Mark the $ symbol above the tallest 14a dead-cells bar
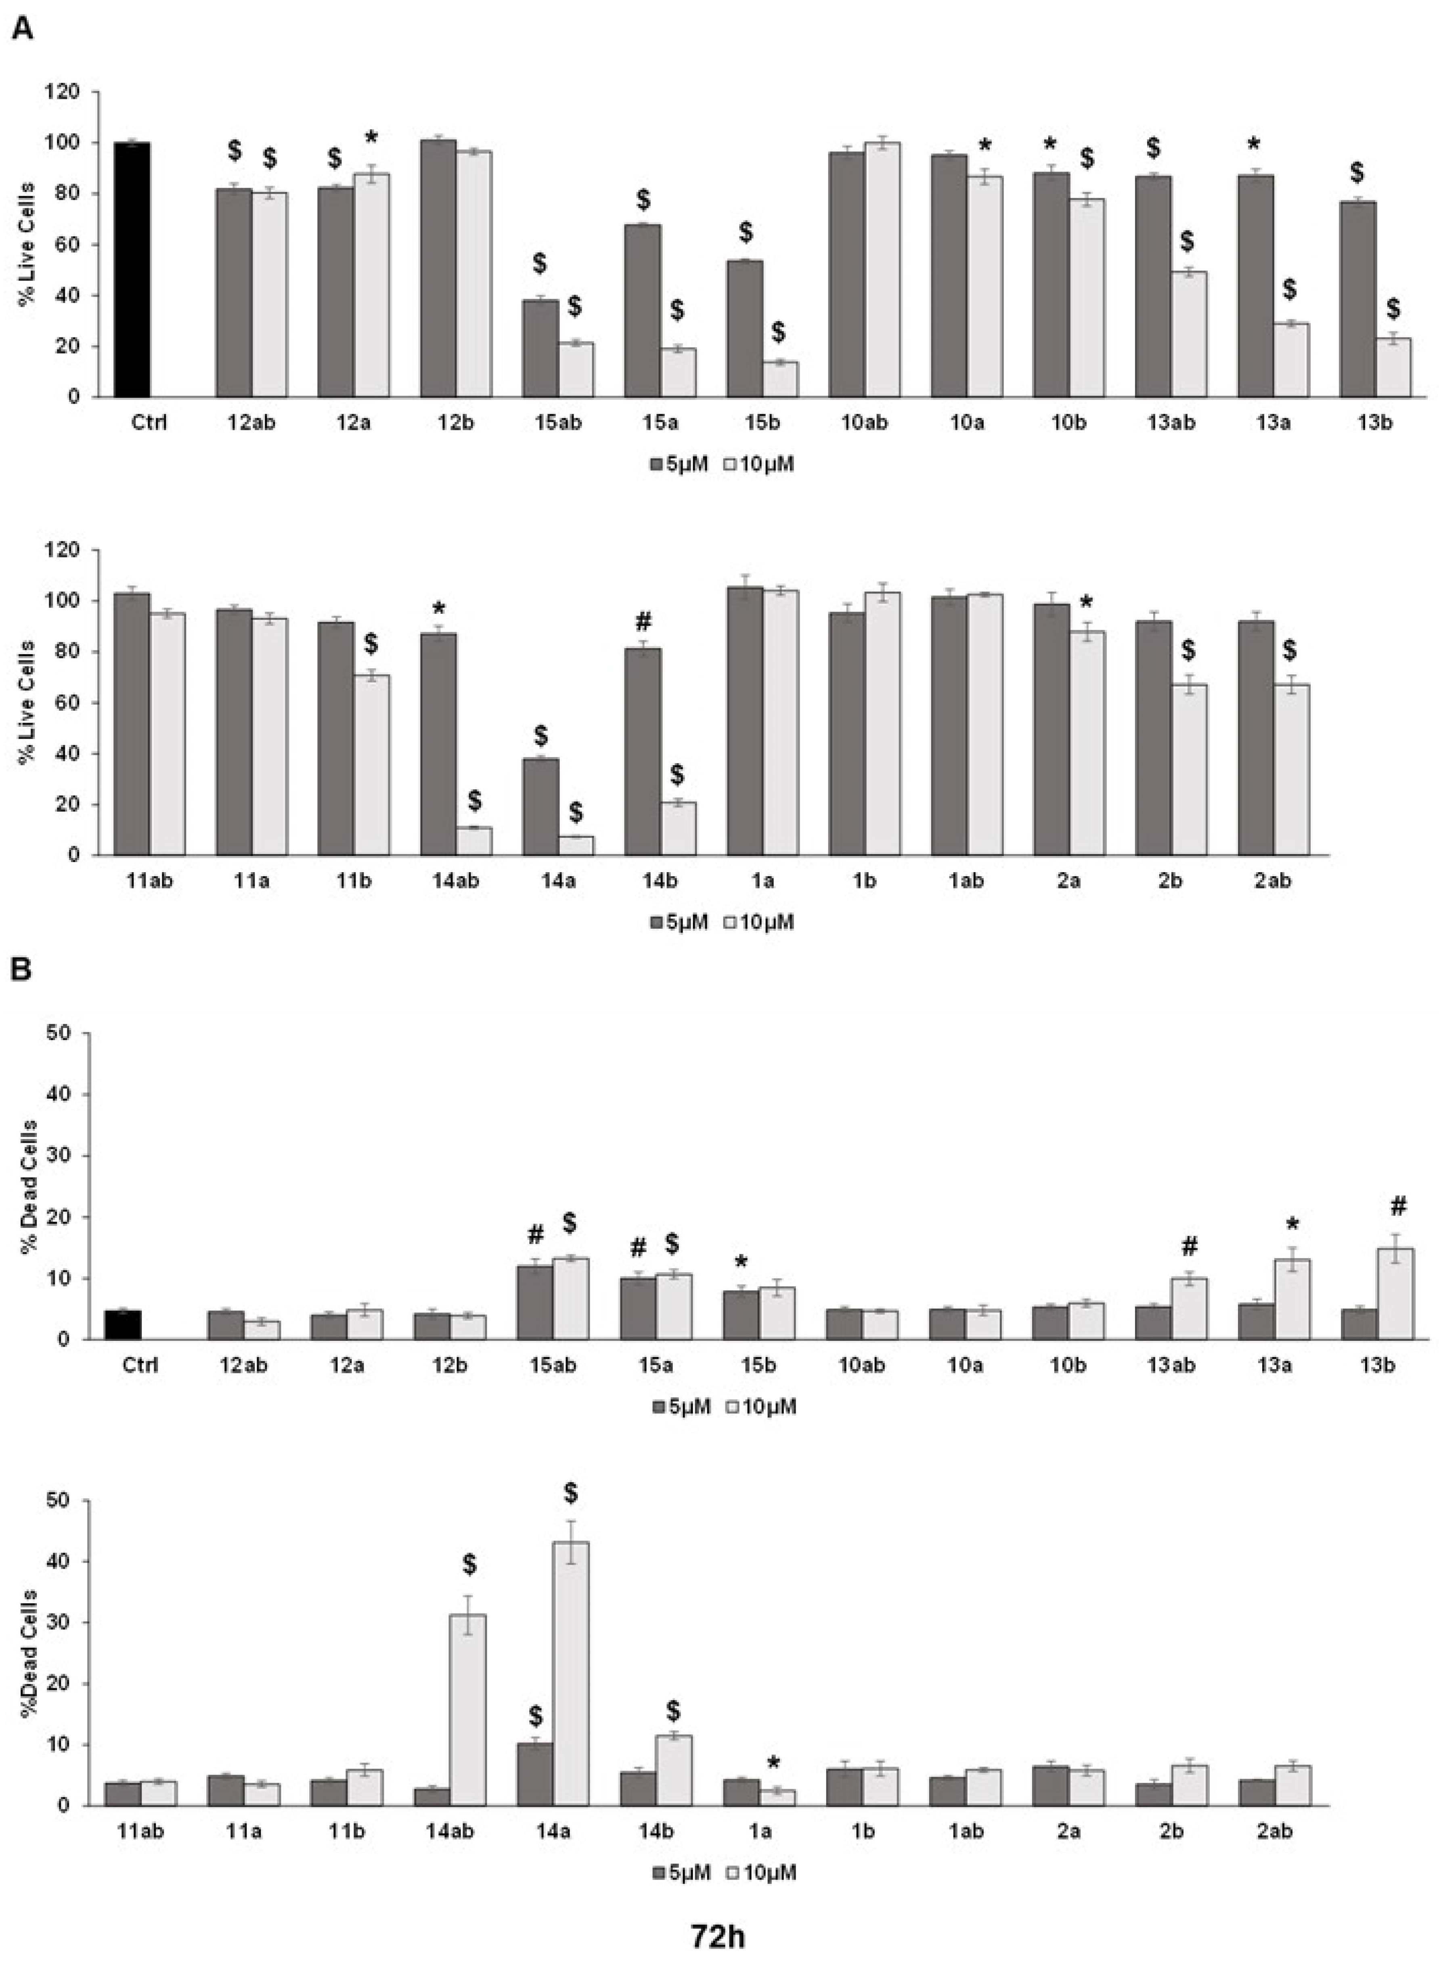[x=570, y=1494]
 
